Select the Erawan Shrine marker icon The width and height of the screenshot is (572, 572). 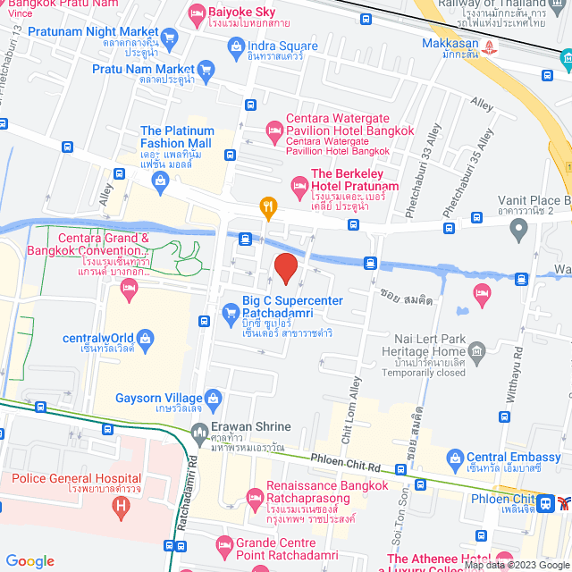tap(199, 434)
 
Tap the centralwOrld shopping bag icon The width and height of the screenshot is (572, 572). tap(147, 339)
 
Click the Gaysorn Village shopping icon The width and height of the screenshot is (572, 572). tap(213, 398)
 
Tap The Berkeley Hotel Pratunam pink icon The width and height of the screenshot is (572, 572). tap(299, 186)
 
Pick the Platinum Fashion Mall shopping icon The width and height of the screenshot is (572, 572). tap(160, 181)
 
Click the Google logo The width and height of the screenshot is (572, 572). tap(29, 560)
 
